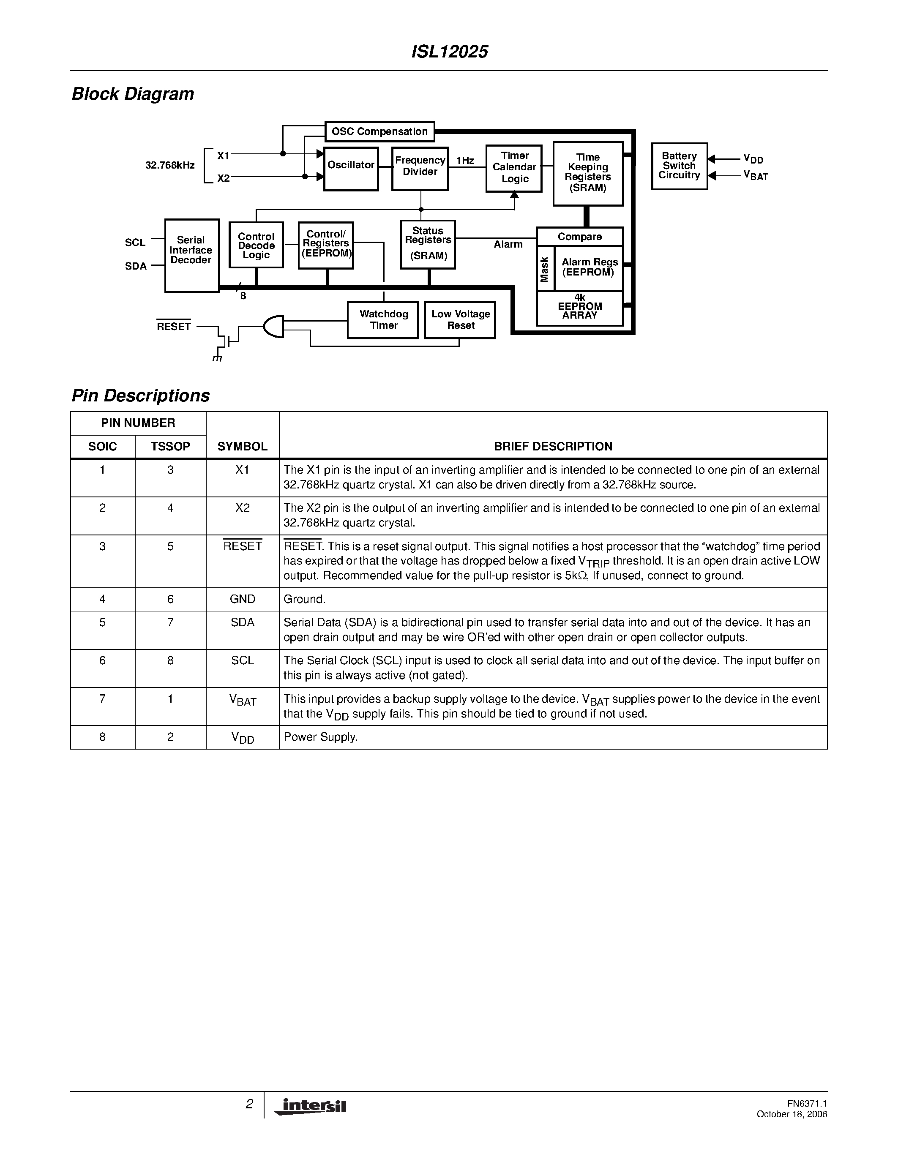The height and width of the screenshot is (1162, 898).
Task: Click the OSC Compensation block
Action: (x=379, y=131)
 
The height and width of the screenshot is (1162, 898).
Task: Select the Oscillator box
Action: (x=351, y=169)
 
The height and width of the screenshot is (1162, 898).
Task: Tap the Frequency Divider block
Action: (x=420, y=169)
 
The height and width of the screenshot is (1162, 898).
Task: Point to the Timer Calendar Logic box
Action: (x=514, y=168)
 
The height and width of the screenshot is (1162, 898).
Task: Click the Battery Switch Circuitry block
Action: (x=680, y=166)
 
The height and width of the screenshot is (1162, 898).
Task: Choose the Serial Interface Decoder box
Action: (x=191, y=255)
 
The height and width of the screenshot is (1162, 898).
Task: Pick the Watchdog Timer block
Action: (x=383, y=320)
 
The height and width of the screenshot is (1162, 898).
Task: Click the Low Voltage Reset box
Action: (x=460, y=320)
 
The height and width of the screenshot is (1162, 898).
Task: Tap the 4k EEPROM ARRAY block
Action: (x=579, y=308)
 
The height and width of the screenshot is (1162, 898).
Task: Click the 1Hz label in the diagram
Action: (x=465, y=161)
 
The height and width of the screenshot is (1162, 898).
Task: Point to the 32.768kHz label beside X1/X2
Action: (x=170, y=166)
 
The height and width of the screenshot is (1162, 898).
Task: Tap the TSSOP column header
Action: (x=170, y=446)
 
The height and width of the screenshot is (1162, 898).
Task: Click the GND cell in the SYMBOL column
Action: (x=242, y=599)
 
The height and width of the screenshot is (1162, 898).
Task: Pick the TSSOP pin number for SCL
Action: (x=170, y=660)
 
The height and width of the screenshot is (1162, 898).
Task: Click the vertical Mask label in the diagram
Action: (x=545, y=269)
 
